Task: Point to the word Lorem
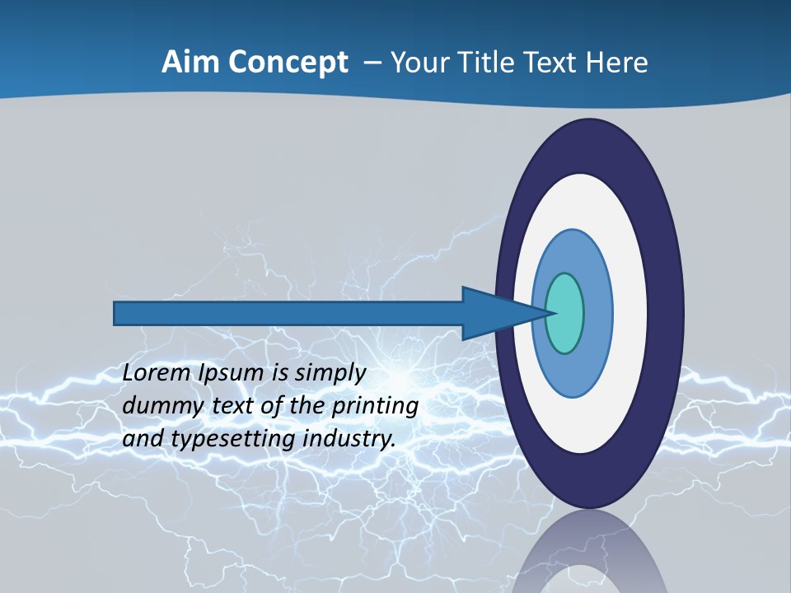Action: point(157,373)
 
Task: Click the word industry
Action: point(349,439)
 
